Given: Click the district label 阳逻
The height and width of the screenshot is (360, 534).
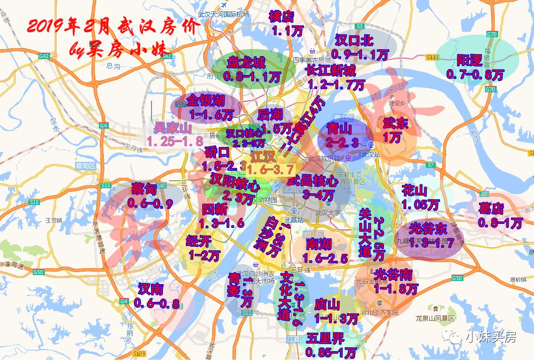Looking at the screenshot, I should (x=469, y=61).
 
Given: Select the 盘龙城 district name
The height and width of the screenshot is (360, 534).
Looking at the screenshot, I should (x=246, y=63).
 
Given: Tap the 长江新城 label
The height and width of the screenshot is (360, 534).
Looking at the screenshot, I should (x=330, y=70).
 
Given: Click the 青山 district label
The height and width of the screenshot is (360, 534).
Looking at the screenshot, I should (x=339, y=129).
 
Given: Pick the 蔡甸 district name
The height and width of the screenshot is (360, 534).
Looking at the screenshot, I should (x=144, y=189).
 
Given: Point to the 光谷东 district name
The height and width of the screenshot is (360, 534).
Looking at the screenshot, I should (x=428, y=229).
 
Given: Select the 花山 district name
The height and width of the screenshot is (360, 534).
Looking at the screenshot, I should (x=414, y=190).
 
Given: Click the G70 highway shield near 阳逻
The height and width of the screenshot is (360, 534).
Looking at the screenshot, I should (x=492, y=34).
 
